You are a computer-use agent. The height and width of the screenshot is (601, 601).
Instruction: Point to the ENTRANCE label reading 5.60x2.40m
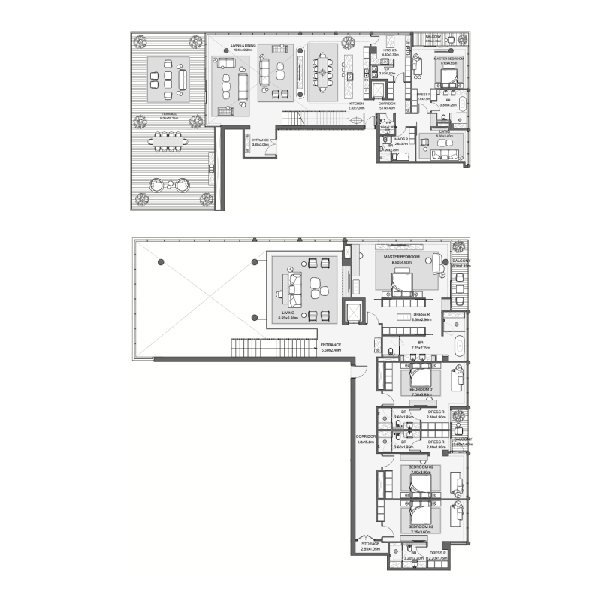[x=331, y=347]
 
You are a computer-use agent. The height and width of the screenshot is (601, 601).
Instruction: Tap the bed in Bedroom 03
[x=419, y=515]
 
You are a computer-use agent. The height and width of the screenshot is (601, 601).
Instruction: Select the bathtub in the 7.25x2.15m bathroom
[x=458, y=348]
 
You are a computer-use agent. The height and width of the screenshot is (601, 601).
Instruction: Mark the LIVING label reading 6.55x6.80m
[x=288, y=316]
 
